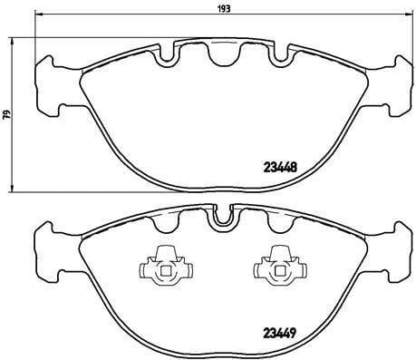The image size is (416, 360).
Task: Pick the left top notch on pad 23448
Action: (169, 54)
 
